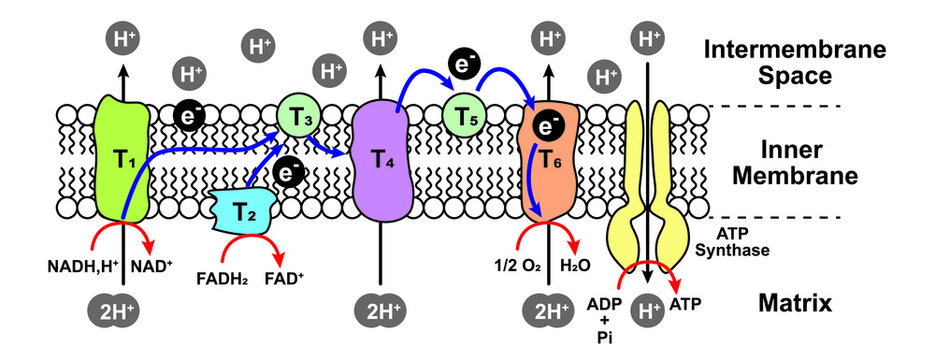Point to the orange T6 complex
548,175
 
